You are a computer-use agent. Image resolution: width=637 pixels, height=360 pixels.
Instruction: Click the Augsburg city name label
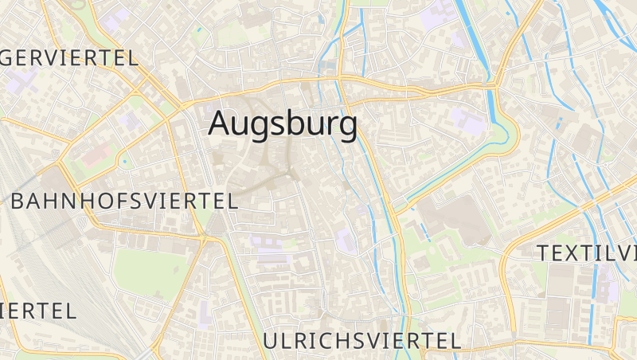pyautogui.click(x=283, y=124)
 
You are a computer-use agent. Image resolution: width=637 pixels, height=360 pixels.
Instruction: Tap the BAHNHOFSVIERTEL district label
pyautogui.click(x=124, y=201)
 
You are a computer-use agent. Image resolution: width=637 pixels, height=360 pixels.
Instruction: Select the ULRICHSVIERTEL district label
pyautogui.click(x=361, y=341)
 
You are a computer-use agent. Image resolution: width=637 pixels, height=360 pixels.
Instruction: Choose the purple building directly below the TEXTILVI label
pyautogui.click(x=608, y=283)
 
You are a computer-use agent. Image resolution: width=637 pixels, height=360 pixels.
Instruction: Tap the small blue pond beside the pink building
pyautogui.click(x=124, y=162)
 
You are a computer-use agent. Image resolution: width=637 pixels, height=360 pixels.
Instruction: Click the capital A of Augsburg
pyautogui.click(x=221, y=124)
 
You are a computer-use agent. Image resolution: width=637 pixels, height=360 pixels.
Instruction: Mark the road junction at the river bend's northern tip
pyautogui.click(x=495, y=84)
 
